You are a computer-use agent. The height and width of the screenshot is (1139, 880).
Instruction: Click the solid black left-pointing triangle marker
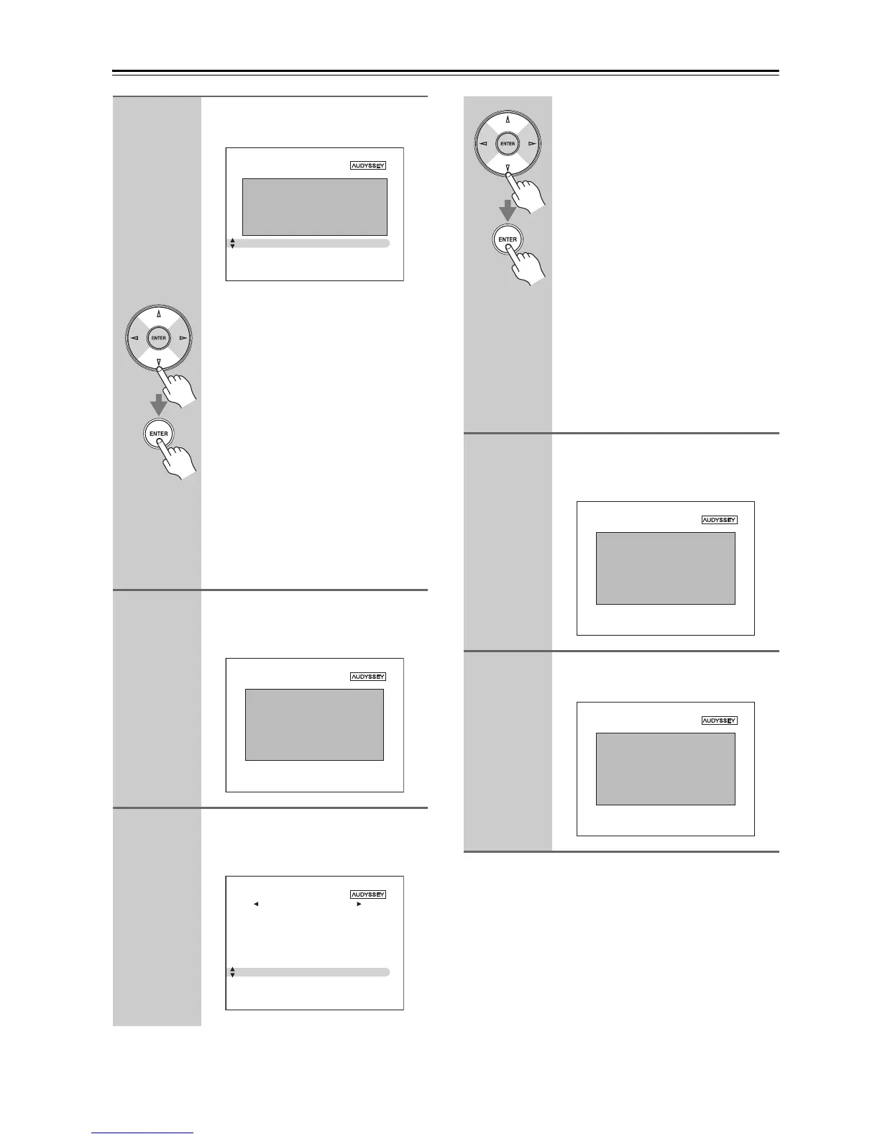[256, 904]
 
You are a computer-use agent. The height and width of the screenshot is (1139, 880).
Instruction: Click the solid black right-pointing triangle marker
[359, 904]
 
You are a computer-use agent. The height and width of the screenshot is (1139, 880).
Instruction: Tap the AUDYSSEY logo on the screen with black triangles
[368, 895]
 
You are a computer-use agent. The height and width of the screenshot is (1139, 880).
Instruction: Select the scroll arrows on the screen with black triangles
[232, 972]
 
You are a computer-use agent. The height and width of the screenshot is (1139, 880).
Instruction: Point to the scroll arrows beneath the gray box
[232, 244]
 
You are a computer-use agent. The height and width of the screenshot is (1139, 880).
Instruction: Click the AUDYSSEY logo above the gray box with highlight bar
[368, 165]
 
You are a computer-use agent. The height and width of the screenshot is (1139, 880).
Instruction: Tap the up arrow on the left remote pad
[159, 314]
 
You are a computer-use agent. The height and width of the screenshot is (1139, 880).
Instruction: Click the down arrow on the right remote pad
[508, 168]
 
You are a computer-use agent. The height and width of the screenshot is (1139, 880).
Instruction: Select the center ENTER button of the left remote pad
[159, 338]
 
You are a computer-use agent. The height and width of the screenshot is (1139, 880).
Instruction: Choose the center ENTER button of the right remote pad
[508, 144]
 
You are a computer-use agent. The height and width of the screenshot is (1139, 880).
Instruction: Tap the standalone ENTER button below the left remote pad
[159, 434]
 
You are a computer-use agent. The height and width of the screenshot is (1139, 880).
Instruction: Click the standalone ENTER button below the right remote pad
[508, 239]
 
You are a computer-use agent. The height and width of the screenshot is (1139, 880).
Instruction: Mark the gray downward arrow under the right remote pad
[508, 211]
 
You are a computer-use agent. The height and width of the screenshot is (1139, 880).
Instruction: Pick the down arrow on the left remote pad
[159, 362]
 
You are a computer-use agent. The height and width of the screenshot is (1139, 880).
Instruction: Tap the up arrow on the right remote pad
[508, 119]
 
